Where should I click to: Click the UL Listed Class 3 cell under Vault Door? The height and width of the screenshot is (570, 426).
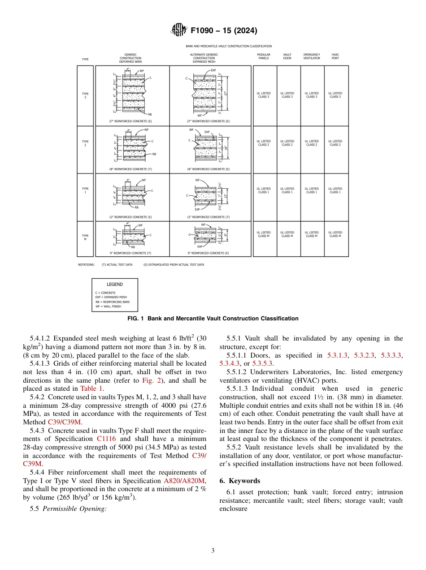287,95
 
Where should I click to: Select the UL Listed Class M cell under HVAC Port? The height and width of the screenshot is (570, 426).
335,234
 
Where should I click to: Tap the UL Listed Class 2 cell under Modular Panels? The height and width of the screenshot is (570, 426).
264,143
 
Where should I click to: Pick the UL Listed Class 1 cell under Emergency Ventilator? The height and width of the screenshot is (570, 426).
311,190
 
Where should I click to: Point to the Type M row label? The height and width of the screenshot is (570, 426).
85,237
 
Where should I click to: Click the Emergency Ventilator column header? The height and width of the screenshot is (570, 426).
312,56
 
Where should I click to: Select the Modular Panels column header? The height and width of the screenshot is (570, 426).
264,56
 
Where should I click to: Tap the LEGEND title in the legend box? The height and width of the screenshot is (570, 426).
114,284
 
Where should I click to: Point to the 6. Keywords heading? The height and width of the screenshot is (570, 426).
239,481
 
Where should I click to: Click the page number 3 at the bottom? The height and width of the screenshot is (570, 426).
213,551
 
